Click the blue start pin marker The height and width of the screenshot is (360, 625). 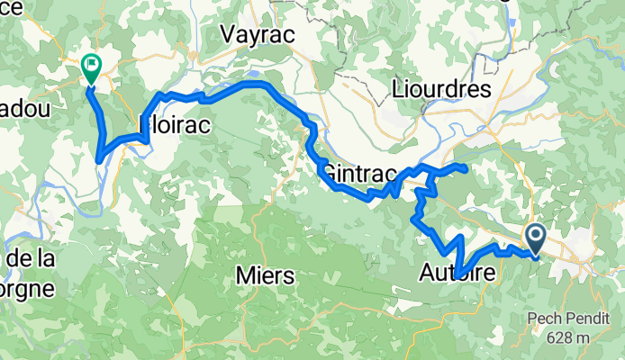pyautogui.click(x=534, y=238)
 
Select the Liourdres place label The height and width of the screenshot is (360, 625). pyautogui.click(x=441, y=89)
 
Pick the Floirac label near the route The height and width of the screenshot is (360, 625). pyautogui.click(x=175, y=127)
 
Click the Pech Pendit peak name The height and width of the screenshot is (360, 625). pyautogui.click(x=574, y=319)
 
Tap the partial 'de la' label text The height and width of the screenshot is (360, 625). pyautogui.click(x=32, y=260)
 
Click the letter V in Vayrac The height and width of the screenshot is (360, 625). pyautogui.click(x=229, y=33)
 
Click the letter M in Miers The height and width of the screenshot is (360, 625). pyautogui.click(x=241, y=276)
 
